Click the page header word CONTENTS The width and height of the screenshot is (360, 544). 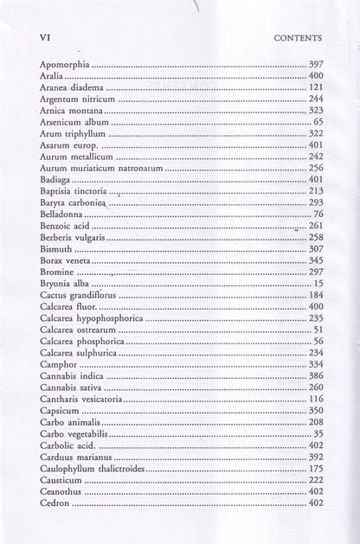tap(296, 38)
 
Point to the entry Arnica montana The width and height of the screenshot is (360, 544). tap(72, 112)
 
